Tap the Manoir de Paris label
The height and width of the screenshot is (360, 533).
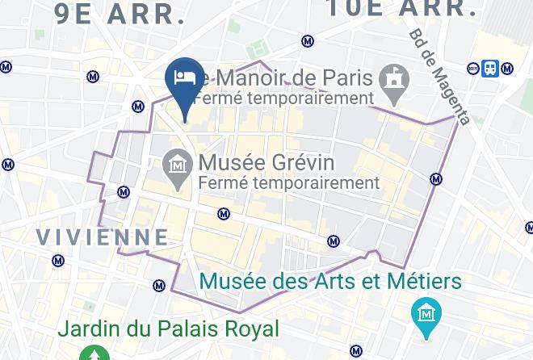click(291, 78)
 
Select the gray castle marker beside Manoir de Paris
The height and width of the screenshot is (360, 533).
click(394, 82)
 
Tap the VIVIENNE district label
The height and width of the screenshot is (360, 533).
click(103, 237)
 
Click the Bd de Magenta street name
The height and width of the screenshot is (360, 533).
click(439, 77)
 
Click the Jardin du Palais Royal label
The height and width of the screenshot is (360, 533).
click(168, 329)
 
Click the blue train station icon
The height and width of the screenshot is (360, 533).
click(490, 69)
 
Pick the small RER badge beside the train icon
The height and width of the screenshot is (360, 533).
click(474, 69)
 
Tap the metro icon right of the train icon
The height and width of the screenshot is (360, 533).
click(507, 69)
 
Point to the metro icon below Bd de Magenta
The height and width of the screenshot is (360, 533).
click(436, 179)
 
